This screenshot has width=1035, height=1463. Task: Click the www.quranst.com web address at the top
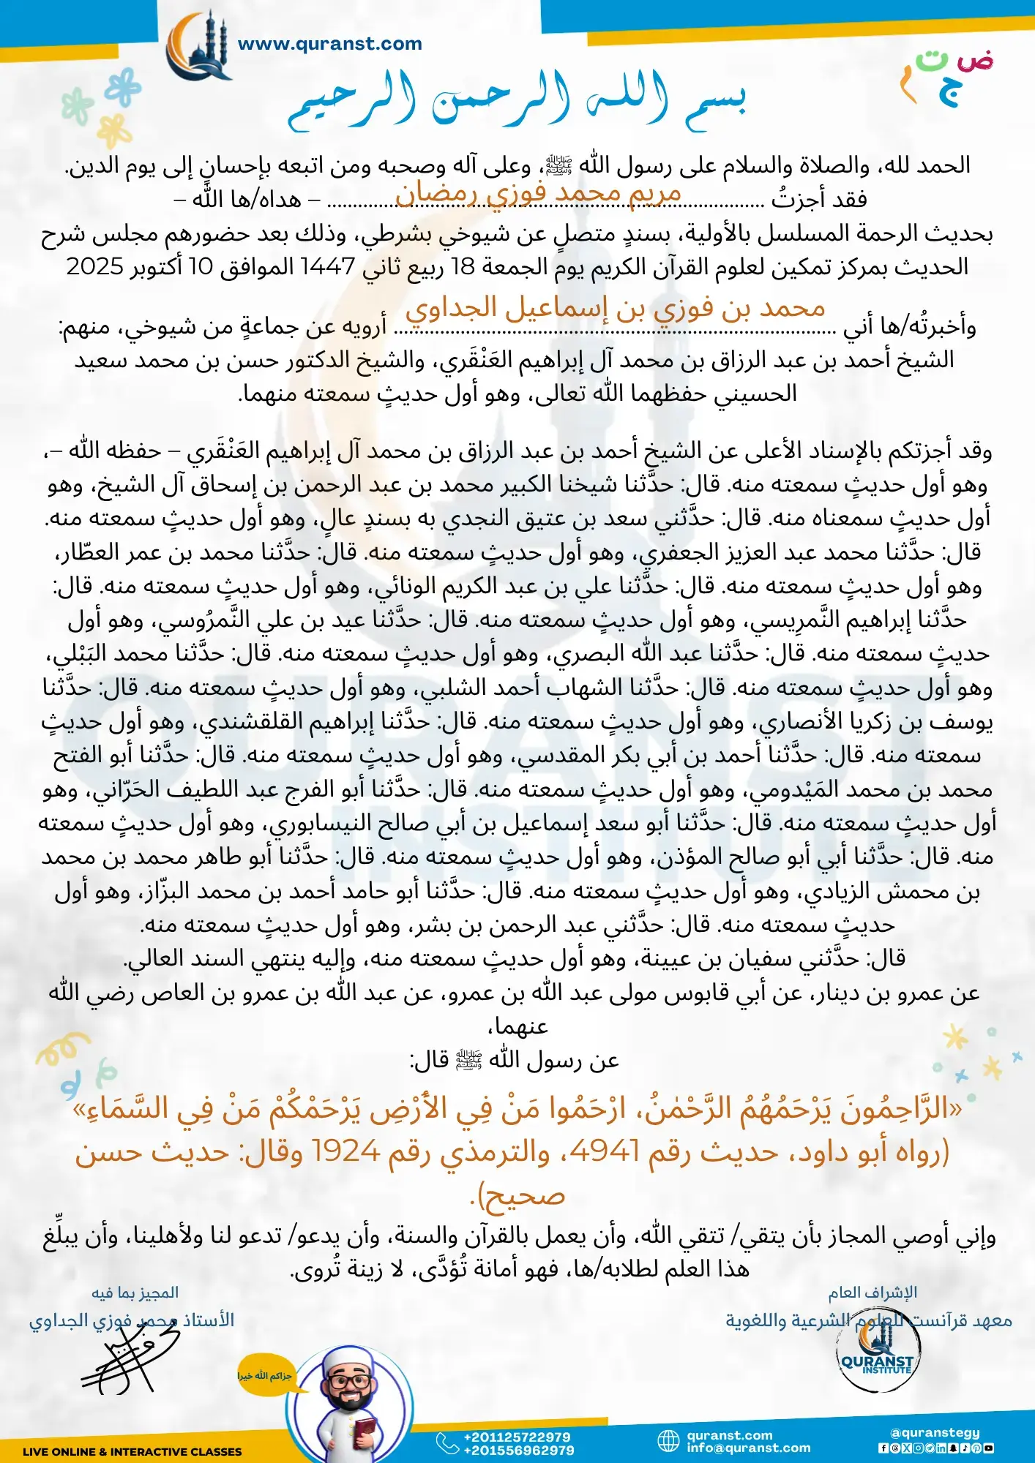[330, 44]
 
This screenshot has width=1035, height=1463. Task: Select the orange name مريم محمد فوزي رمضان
[538, 193]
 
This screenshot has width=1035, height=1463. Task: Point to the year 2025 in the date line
[94, 267]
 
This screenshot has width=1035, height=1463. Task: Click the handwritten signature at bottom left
[128, 1361]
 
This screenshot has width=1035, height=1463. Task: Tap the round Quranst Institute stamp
[877, 1357]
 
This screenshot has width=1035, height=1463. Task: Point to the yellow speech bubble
[264, 1376]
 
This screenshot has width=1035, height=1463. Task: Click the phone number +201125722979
[517, 1437]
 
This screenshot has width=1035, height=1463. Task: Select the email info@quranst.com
[748, 1448]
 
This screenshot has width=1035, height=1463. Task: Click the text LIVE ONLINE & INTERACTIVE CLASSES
[132, 1451]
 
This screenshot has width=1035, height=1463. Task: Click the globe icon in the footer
[668, 1441]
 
